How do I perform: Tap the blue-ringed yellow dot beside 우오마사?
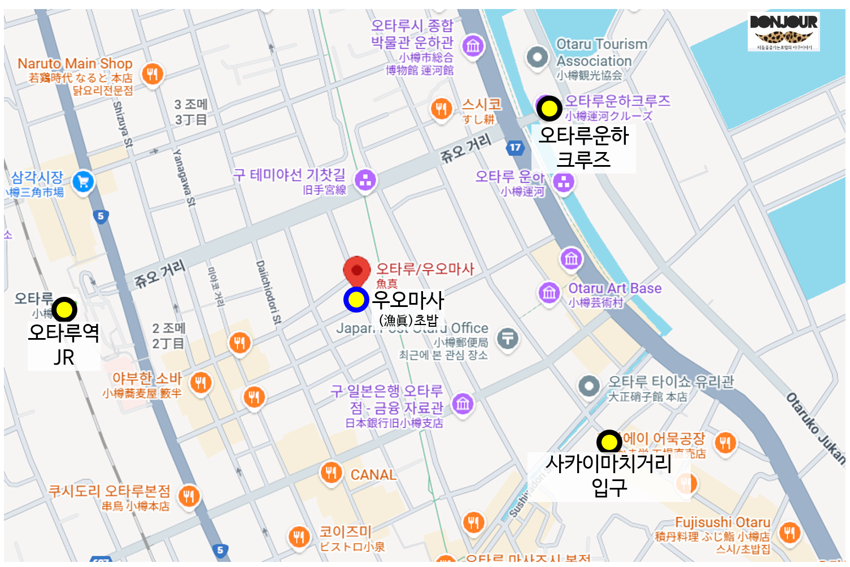pos(356,300)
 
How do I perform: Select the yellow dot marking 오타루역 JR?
pos(64,309)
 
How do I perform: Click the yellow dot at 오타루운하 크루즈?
pos(549,108)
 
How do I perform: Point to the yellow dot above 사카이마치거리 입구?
pos(609,442)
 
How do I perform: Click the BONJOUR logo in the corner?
pos(783,31)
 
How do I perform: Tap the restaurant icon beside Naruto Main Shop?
pos(152,73)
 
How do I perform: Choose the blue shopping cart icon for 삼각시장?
pos(83,181)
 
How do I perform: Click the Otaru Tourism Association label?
pos(601,53)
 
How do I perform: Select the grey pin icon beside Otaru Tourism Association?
pos(537,57)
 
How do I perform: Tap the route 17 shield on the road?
pos(515,148)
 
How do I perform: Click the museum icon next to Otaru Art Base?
pos(549,292)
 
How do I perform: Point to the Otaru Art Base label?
pos(614,288)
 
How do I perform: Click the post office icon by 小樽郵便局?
pos(508,339)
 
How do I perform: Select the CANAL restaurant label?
pos(373,475)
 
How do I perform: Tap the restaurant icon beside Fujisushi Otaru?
pos(789,532)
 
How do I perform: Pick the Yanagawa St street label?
pos(184,177)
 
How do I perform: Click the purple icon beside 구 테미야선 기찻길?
pos(365,180)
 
